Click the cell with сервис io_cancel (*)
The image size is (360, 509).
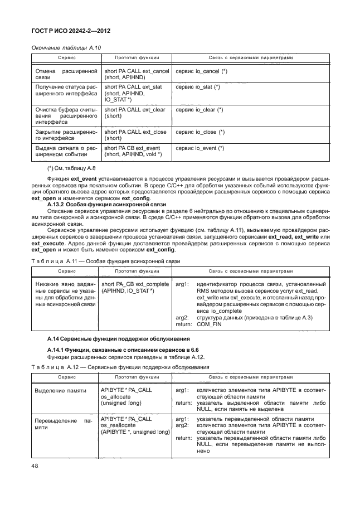pos(201,72)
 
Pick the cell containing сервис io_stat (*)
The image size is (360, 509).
pos(197,88)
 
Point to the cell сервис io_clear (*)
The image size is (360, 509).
pos(199,110)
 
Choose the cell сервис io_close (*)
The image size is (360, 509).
pos(200,132)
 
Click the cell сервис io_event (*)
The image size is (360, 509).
pos(200,148)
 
